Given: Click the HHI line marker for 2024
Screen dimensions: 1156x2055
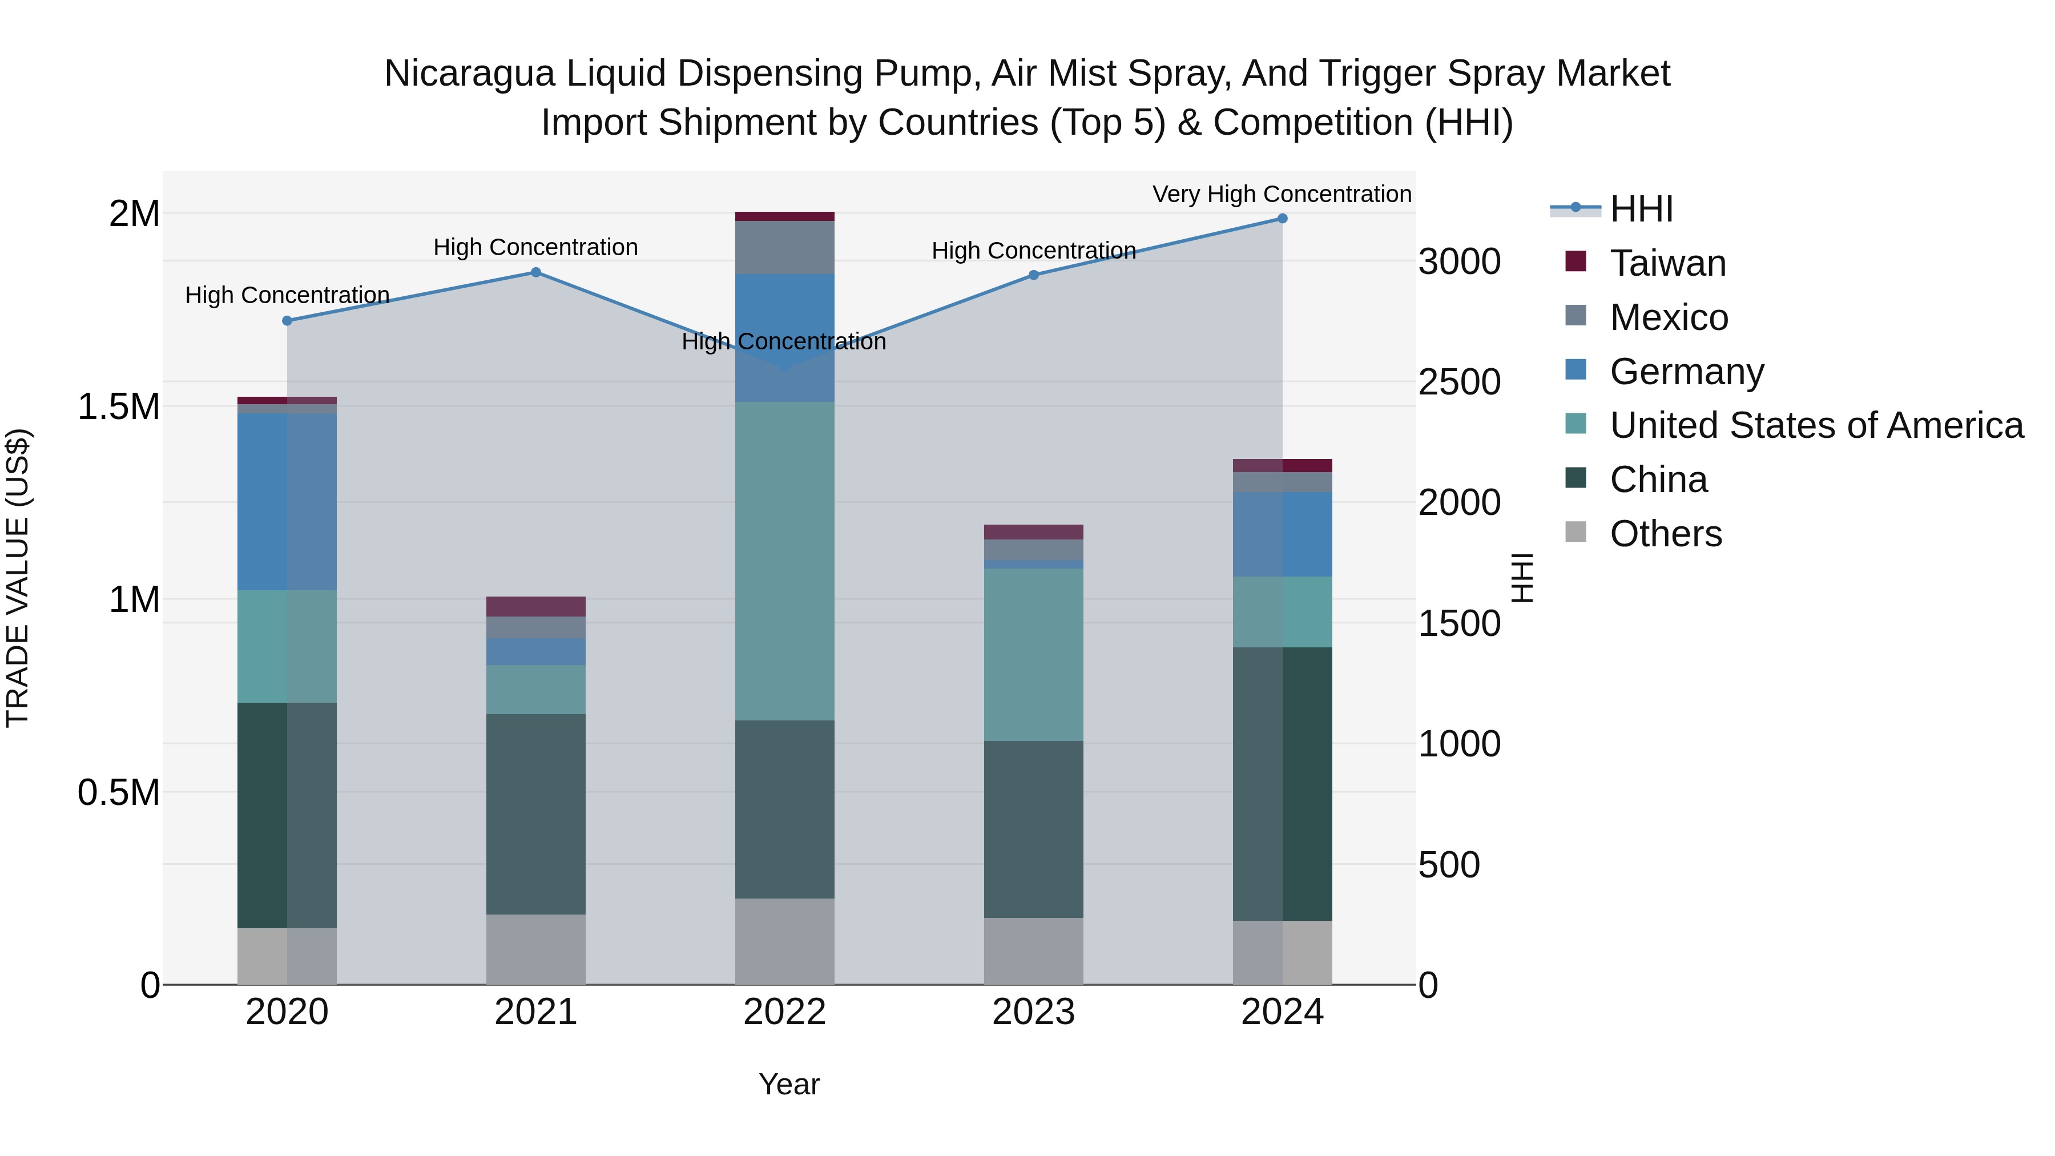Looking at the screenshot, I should (1282, 219).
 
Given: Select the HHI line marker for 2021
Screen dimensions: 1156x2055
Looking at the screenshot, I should (536, 273).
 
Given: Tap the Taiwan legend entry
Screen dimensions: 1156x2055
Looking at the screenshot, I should (1667, 263).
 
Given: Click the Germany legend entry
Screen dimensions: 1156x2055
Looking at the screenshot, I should (1686, 372).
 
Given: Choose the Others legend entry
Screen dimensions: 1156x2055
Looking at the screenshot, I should (1666, 534).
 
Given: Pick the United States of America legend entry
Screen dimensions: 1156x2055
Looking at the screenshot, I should (1816, 425).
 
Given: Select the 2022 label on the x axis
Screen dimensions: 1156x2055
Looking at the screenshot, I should (784, 1012).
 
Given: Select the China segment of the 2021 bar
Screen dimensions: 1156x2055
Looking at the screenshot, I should (536, 813).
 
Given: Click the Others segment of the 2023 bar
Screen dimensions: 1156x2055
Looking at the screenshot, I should (1033, 951).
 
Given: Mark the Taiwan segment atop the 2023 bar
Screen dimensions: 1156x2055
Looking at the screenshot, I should (1033, 532).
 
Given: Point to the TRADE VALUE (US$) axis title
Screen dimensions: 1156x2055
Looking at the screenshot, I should (18, 578).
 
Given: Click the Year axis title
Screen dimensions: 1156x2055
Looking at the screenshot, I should (789, 1084).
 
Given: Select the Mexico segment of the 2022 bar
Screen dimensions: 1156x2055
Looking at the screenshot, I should (784, 247).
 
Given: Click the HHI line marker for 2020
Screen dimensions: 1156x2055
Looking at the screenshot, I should (287, 321).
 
